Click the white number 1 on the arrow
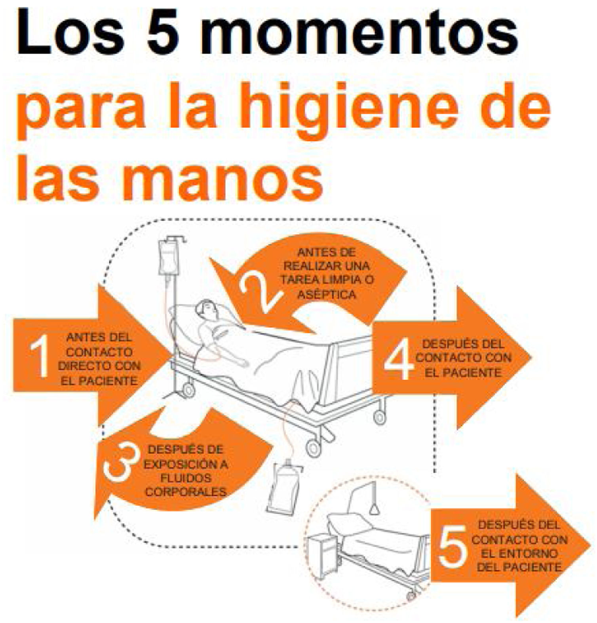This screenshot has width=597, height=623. click(40, 356)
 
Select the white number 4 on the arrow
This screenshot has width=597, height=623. click(399, 359)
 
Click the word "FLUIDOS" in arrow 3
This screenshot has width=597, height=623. click(186, 478)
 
